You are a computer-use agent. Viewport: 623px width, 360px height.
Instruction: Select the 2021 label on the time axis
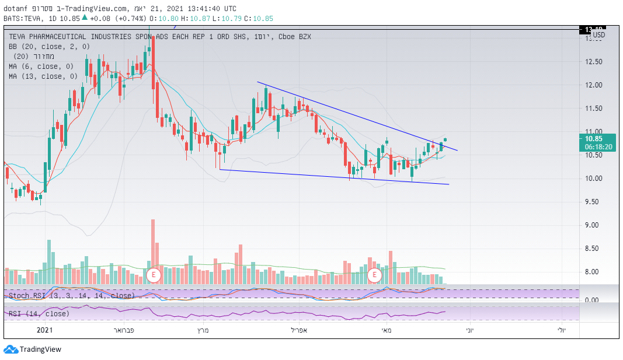[46, 330]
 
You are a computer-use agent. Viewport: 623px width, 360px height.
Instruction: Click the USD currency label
[598, 35]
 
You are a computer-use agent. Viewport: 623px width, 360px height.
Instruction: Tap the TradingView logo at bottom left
[33, 349]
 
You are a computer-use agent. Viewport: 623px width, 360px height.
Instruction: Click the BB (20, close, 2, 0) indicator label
[50, 46]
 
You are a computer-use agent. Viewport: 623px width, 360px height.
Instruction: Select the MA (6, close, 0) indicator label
[43, 66]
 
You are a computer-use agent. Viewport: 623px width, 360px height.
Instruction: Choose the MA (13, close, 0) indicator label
[44, 76]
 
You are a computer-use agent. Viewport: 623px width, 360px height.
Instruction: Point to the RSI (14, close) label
[39, 314]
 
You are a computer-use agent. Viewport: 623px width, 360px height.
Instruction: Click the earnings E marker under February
[154, 275]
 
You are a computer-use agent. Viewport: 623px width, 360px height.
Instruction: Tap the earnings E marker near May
[374, 275]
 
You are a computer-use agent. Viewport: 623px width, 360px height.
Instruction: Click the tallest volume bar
[153, 251]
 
